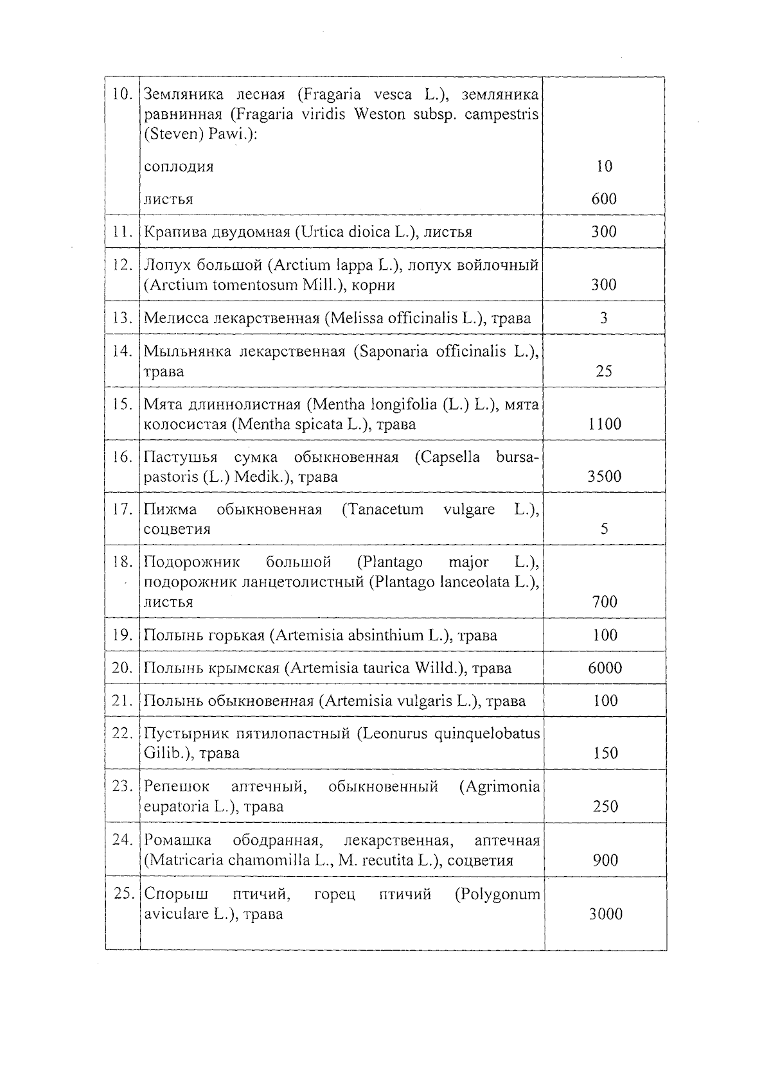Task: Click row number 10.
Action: pyautogui.click(x=122, y=94)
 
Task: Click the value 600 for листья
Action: pyautogui.click(x=604, y=198)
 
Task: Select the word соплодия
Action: pyautogui.click(x=179, y=167)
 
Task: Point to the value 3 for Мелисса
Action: pyautogui.click(x=604, y=318)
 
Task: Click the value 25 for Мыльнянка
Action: pyautogui.click(x=604, y=371)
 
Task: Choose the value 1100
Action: pyautogui.click(x=605, y=424)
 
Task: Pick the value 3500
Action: pyautogui.click(x=605, y=477)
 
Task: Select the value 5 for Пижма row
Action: pyautogui.click(x=605, y=529)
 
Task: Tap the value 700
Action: pyautogui.click(x=605, y=602)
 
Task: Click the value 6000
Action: pyautogui.click(x=605, y=668)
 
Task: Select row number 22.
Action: pyautogui.click(x=122, y=734)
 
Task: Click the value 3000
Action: pyautogui.click(x=606, y=914)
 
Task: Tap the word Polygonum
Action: pyautogui.click(x=497, y=895)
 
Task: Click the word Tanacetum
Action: pyautogui.click(x=382, y=510)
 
